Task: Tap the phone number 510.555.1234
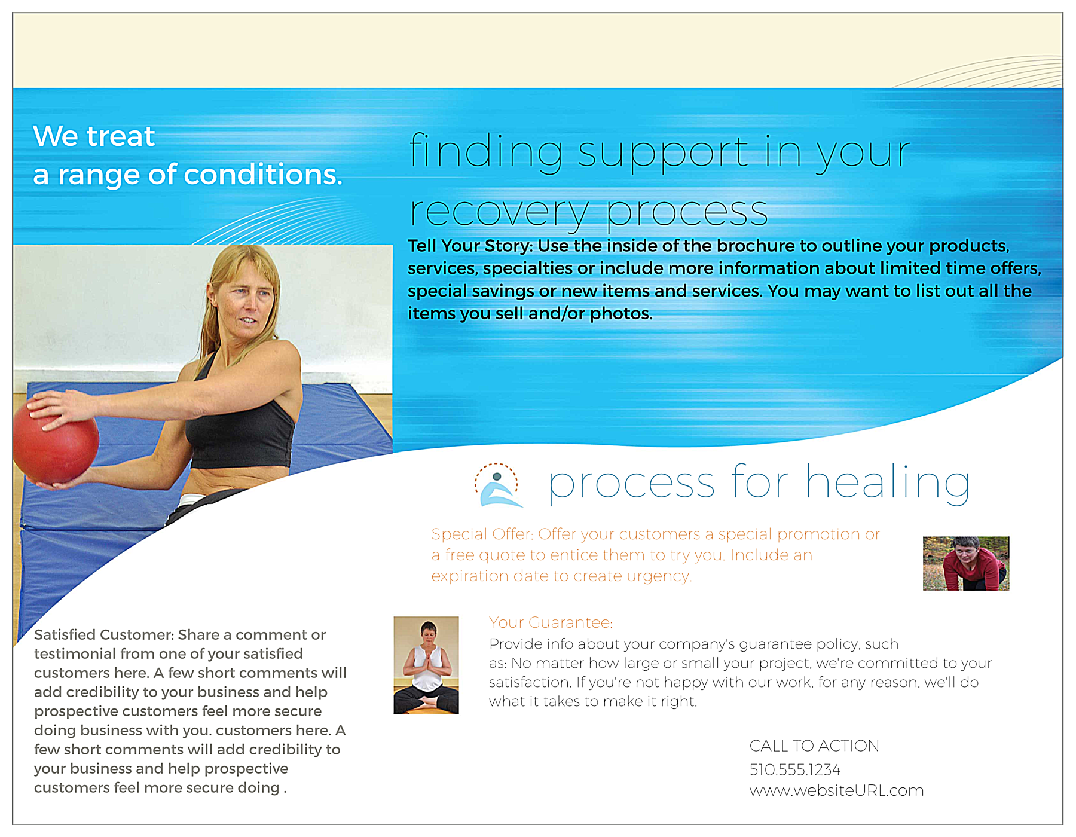click(794, 769)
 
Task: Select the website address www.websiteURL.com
click(836, 790)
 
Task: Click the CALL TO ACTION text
click(814, 746)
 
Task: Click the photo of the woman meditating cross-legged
click(426, 665)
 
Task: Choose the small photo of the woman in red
click(965, 563)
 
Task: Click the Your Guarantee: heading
click(551, 623)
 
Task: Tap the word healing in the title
click(887, 483)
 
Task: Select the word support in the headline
click(664, 152)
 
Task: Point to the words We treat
click(94, 136)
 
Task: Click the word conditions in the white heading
click(263, 175)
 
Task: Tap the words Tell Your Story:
click(470, 246)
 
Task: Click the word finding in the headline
click(485, 152)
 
